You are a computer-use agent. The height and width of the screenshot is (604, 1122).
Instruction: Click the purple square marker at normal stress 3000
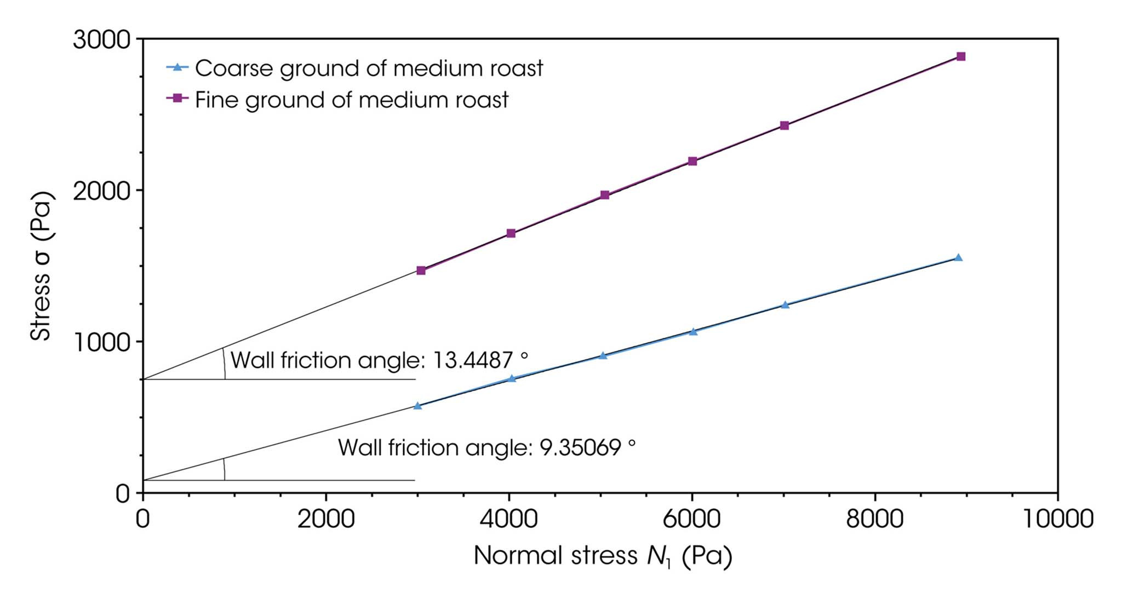pyautogui.click(x=421, y=271)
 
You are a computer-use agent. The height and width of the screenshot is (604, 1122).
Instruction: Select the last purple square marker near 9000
pyautogui.click(x=960, y=56)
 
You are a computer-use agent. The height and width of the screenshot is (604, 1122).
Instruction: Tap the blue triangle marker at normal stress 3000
pyautogui.click(x=417, y=406)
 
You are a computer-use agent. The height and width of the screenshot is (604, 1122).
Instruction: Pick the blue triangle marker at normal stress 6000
pyautogui.click(x=693, y=331)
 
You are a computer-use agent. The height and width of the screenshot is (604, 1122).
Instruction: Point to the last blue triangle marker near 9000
pyautogui.click(x=958, y=257)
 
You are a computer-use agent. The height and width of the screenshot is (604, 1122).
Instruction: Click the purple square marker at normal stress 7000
pyautogui.click(x=784, y=125)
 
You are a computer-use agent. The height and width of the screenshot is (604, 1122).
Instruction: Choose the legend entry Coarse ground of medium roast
pyautogui.click(x=368, y=68)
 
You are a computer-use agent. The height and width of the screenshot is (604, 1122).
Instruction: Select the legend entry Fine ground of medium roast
pyautogui.click(x=351, y=100)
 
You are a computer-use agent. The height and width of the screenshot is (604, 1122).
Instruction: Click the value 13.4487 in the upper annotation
pyautogui.click(x=473, y=360)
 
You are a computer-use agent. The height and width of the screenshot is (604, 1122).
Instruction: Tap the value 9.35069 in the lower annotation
pyautogui.click(x=580, y=448)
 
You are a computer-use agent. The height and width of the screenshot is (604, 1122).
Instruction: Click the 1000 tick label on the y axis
pyautogui.click(x=101, y=343)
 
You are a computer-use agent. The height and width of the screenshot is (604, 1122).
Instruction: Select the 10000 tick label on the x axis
pyautogui.click(x=1058, y=518)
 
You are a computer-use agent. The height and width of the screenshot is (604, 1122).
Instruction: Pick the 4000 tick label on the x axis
pyautogui.click(x=509, y=518)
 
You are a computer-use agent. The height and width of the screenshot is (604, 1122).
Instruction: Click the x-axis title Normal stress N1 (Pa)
pyautogui.click(x=602, y=556)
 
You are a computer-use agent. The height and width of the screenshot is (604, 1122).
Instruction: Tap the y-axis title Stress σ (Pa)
pyautogui.click(x=41, y=266)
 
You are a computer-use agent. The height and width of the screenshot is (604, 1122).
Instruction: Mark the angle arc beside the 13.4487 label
pyautogui.click(x=224, y=364)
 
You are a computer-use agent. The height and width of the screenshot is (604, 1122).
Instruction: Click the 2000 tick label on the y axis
pyautogui.click(x=101, y=191)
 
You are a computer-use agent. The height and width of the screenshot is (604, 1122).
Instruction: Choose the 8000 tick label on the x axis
pyautogui.click(x=874, y=518)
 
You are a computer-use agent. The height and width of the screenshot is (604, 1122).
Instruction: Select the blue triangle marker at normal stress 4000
pyautogui.click(x=512, y=378)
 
